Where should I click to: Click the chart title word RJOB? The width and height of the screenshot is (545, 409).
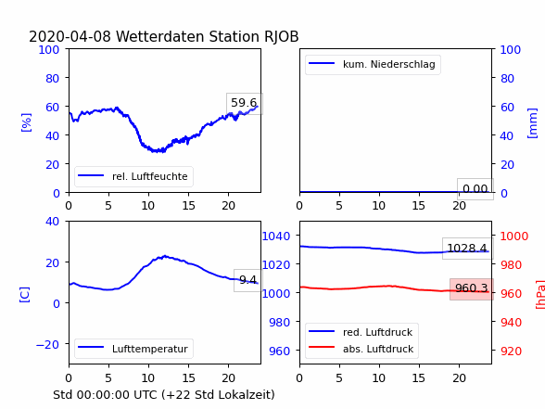click(281, 36)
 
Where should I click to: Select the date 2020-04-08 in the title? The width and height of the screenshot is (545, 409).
click(70, 36)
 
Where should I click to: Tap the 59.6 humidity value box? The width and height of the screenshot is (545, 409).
click(245, 103)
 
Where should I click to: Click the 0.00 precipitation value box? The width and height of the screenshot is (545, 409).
click(475, 189)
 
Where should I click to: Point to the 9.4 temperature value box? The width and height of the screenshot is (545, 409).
click(247, 280)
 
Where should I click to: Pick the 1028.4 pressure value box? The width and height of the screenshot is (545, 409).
click(467, 249)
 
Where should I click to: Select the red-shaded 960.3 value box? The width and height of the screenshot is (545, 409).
click(472, 288)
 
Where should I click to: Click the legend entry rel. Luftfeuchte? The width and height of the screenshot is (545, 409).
click(133, 176)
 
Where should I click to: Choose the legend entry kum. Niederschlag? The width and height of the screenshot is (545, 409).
click(373, 64)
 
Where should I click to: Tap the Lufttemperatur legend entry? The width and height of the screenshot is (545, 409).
click(133, 349)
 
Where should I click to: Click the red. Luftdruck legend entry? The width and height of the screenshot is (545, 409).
click(361, 332)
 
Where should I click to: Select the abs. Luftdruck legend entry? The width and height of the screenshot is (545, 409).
click(361, 349)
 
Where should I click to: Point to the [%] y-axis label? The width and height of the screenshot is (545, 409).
click(26, 122)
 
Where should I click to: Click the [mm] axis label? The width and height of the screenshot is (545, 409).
click(532, 123)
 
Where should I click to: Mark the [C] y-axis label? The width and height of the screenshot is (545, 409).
click(25, 295)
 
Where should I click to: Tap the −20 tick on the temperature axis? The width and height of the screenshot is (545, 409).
click(47, 344)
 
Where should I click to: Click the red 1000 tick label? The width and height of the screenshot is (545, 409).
click(514, 236)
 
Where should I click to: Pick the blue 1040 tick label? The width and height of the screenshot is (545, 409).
click(276, 236)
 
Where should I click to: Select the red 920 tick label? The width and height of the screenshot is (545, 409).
click(511, 351)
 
